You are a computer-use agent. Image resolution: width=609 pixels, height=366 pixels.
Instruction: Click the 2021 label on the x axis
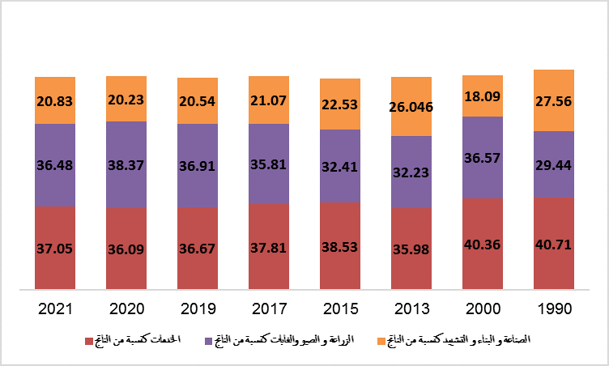55,309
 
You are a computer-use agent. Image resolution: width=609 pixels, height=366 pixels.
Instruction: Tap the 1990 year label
554,309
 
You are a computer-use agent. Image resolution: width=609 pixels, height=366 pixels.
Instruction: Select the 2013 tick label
411,309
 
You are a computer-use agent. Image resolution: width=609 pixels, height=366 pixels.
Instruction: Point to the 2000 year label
483,309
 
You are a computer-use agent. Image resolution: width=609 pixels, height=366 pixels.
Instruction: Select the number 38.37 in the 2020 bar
126,164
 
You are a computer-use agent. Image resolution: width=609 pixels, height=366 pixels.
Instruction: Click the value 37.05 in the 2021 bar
55,248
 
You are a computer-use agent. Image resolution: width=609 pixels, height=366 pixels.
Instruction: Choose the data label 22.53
340,104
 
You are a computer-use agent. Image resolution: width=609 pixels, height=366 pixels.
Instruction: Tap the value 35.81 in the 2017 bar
269,163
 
